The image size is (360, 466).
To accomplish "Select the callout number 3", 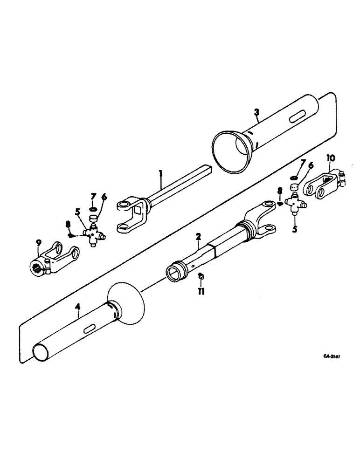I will pos(256,112).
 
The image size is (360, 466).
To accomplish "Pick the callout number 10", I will pos(330,159).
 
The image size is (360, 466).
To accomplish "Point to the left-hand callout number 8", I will pos(68,224).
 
